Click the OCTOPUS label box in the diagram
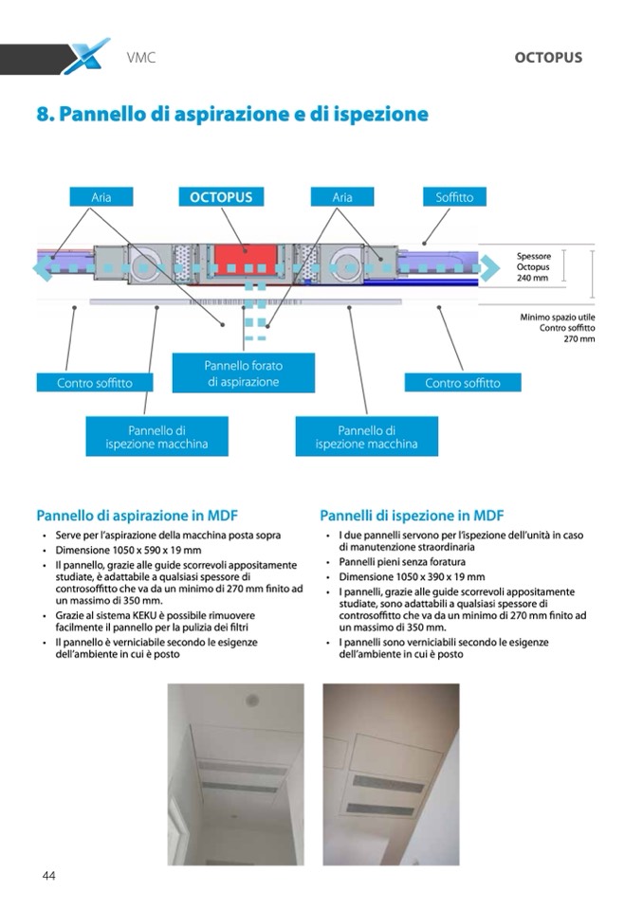click(x=221, y=197)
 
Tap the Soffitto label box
click(x=454, y=197)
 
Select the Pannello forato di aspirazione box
click(x=243, y=373)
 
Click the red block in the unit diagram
click(x=245, y=257)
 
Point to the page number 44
click(x=49, y=876)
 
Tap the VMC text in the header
click(x=140, y=58)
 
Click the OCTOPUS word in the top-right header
click(x=547, y=57)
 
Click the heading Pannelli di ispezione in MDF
click(x=411, y=516)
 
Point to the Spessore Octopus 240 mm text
click(x=533, y=266)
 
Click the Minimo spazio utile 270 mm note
click(x=558, y=327)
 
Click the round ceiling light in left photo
click(x=252, y=700)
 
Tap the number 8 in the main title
click(x=42, y=115)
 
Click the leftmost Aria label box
click(x=101, y=197)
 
